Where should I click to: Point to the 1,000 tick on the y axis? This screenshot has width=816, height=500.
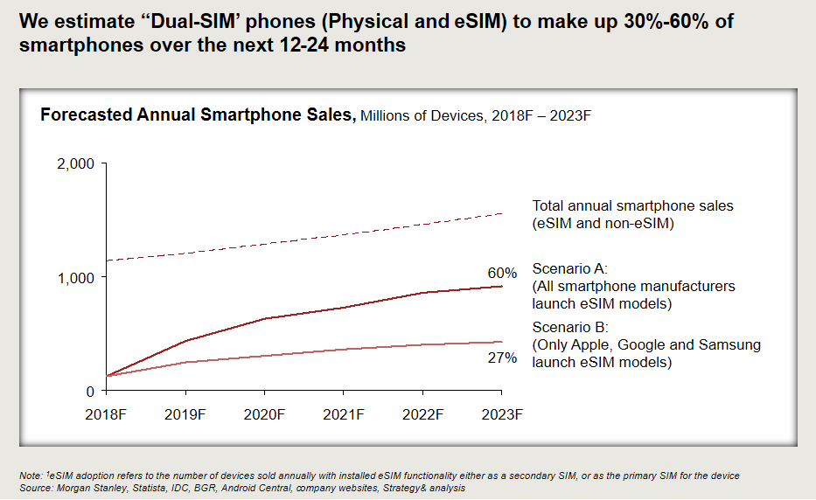77,277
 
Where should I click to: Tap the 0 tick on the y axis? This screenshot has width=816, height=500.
90,391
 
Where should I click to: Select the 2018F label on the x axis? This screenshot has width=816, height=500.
108,413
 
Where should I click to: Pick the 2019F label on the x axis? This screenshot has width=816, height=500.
186,413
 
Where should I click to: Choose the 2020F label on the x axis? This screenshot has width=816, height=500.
265,413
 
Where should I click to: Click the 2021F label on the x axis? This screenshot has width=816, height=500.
344,413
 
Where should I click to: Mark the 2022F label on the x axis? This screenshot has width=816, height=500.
422,413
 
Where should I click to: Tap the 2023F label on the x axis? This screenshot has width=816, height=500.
502,413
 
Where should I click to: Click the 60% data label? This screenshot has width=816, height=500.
502,273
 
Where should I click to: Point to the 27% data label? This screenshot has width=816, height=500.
502,358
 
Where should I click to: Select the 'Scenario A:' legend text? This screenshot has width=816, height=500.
569,268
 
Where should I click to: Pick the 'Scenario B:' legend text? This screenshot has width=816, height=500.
569,328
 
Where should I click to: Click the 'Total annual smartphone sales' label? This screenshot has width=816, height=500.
632,206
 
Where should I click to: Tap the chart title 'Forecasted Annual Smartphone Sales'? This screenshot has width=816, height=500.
196,115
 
